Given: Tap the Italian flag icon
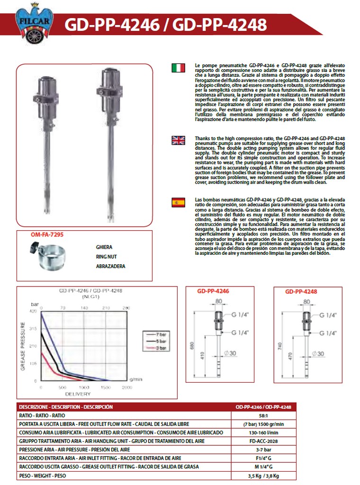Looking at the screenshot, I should click(x=178, y=68).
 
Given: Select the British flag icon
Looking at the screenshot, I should click(x=178, y=140).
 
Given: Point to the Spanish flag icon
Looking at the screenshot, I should click(x=178, y=203).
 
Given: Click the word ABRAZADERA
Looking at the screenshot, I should click(x=110, y=267).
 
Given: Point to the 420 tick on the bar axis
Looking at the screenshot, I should click(x=33, y=312).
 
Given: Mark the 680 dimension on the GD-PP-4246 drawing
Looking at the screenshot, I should click(x=192, y=346).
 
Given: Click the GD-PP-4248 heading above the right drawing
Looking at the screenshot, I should click(x=301, y=292).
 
